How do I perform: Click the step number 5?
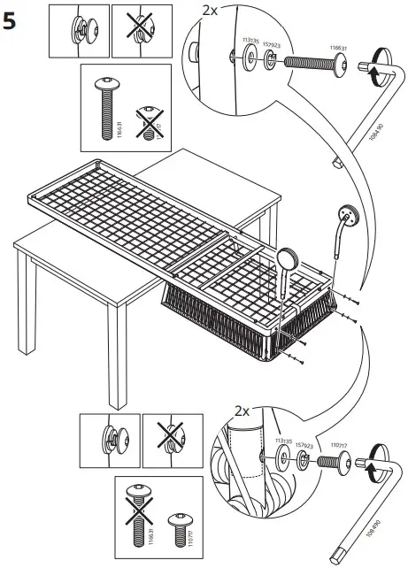12,21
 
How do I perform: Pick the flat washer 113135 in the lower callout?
285,457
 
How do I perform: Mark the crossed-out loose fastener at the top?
137,27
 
